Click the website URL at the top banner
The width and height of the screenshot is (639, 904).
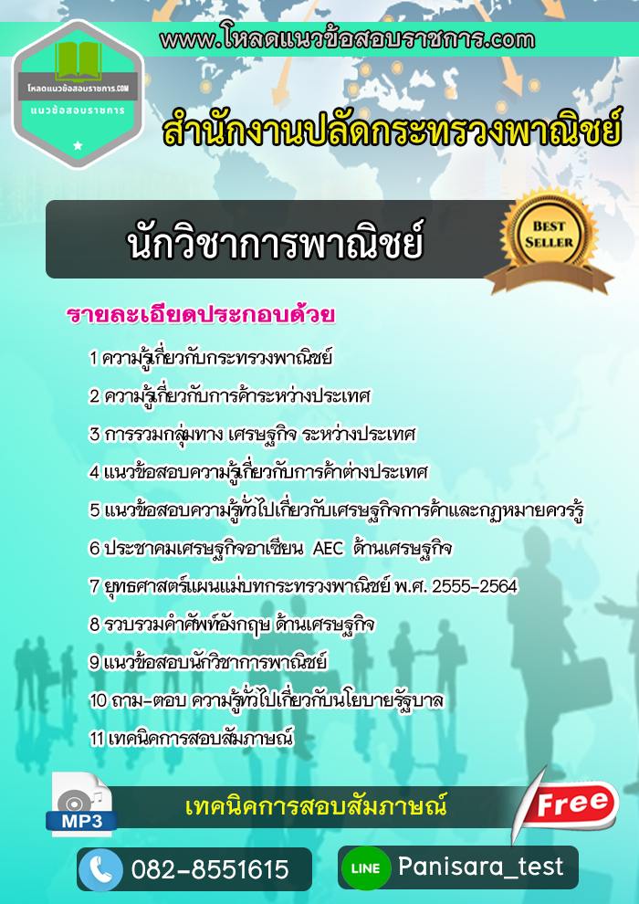pos(348,39)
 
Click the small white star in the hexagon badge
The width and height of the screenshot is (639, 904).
pos(78,146)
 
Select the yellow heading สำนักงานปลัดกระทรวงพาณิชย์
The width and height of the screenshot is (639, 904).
pos(392,131)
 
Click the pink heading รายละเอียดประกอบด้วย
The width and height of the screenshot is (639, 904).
pos(201,314)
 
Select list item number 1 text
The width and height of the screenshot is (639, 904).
pos(212,359)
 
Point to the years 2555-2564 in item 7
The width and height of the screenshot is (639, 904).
pos(474,586)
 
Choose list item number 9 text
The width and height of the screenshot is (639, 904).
pos(208,662)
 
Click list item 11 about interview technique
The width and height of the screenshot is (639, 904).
pos(193,739)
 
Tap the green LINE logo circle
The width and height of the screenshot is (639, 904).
pos(366,867)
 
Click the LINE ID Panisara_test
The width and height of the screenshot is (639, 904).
pos(481,867)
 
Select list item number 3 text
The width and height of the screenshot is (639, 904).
pos(252,435)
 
